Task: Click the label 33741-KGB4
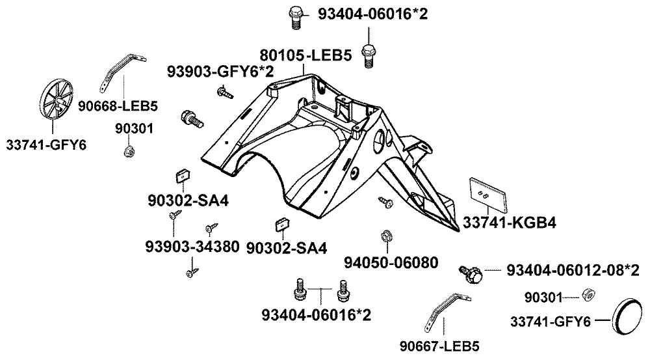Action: [x=509, y=223]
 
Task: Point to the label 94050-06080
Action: [x=391, y=262]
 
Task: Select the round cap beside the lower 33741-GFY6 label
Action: [x=628, y=318]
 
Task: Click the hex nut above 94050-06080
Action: [x=384, y=235]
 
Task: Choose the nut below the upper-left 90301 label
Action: [x=129, y=152]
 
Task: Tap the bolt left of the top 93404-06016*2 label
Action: [x=294, y=16]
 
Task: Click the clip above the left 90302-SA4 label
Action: [x=183, y=177]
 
